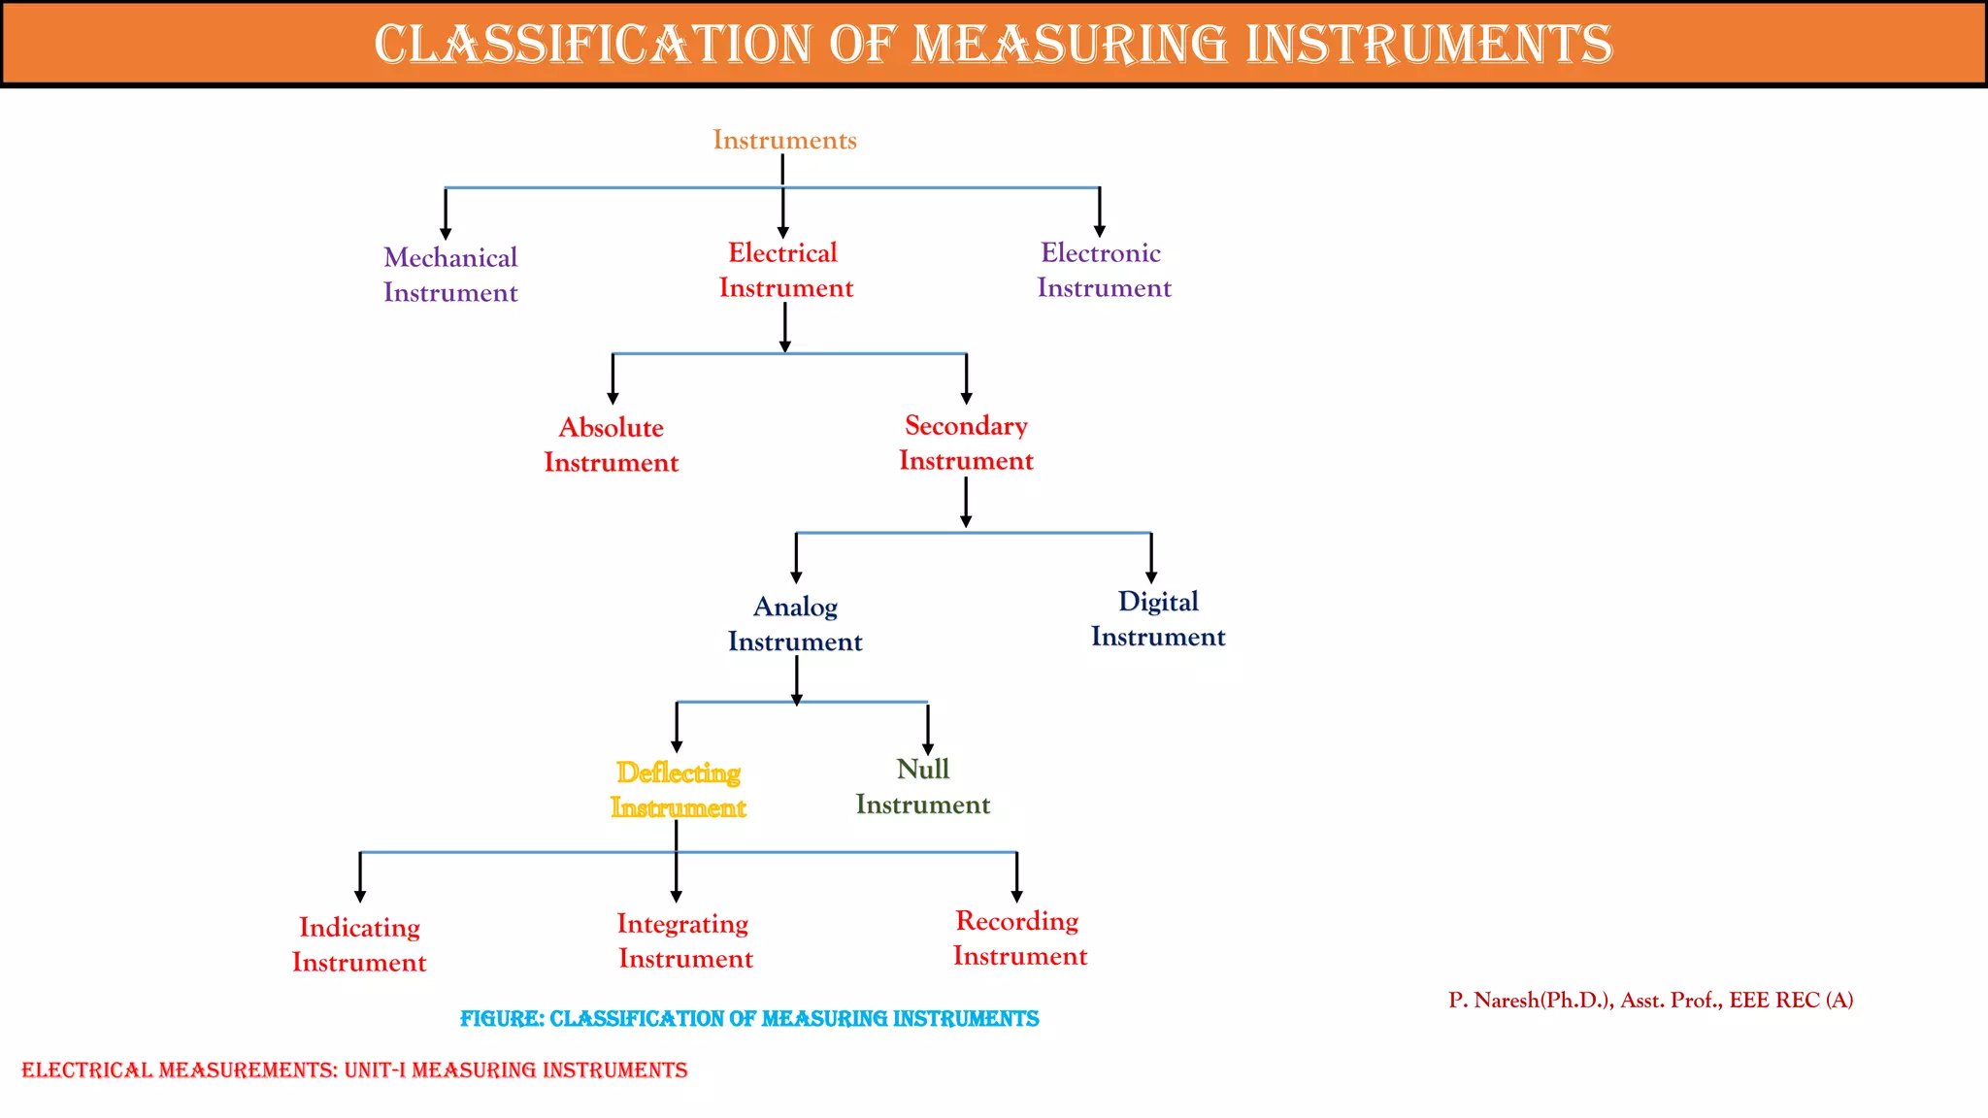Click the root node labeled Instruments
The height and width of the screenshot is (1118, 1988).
click(784, 140)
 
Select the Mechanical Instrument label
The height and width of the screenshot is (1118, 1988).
click(450, 275)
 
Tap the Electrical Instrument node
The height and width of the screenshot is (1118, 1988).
click(785, 270)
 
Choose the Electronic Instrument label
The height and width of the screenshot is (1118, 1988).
click(1104, 270)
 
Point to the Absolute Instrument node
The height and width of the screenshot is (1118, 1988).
click(611, 444)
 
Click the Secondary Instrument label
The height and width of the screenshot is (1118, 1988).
click(966, 443)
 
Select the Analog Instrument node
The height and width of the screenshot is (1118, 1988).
click(795, 623)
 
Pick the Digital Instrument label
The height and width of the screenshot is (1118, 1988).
click(1158, 618)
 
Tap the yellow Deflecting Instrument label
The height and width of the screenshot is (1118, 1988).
click(679, 790)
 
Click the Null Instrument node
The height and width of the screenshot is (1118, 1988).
click(922, 786)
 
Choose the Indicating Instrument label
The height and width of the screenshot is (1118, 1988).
click(359, 944)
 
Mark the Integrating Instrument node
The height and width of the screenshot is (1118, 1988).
click(684, 940)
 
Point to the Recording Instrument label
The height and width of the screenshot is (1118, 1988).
click(1019, 937)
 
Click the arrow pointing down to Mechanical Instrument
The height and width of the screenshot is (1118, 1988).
click(446, 214)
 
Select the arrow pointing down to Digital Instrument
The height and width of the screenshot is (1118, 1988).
click(1151, 558)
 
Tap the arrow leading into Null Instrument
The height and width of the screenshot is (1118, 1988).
click(928, 730)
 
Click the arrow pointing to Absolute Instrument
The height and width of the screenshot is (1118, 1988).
click(613, 379)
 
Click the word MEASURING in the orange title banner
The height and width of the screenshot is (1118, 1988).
click(1070, 45)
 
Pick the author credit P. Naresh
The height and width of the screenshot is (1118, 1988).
click(1650, 1000)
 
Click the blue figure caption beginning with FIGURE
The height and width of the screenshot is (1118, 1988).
click(749, 1018)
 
